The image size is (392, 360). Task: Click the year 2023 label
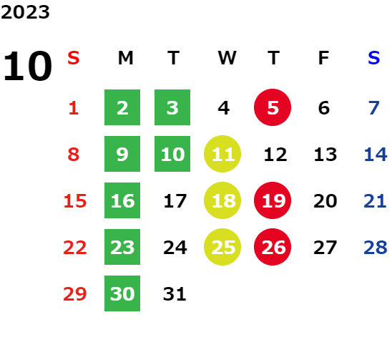click(25, 12)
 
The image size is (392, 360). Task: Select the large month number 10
click(27, 66)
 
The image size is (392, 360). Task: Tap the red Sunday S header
click(74, 58)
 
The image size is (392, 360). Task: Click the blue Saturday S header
click(373, 58)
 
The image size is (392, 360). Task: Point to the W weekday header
click(227, 58)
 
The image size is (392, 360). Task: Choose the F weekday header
click(323, 58)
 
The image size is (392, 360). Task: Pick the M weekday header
click(125, 58)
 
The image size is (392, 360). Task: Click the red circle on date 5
click(273, 107)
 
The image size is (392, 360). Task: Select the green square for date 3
click(172, 107)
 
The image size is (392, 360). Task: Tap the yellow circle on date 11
click(222, 154)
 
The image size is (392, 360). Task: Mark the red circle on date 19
click(273, 200)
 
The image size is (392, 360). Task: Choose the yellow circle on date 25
click(222, 247)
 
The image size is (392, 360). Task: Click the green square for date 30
click(122, 293)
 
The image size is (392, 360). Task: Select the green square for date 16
click(122, 200)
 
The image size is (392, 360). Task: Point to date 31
click(175, 294)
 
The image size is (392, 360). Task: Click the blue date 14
click(376, 155)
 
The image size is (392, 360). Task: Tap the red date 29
click(74, 294)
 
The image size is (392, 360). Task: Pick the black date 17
click(175, 201)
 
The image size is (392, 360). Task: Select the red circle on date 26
click(273, 247)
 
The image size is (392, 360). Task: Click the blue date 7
click(374, 108)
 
